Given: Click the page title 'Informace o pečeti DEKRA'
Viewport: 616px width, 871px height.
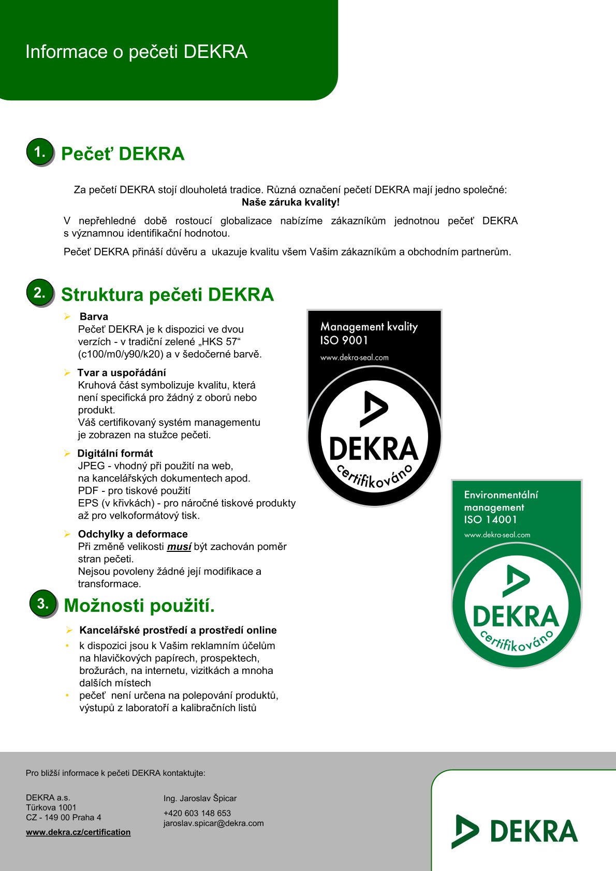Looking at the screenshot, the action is pos(136,52).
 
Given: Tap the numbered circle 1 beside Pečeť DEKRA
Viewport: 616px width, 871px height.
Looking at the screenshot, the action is pos(40,152).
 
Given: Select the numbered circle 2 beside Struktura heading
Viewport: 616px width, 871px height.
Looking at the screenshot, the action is pos(40,293).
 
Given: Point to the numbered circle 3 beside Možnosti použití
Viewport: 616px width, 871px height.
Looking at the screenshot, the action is pos(43,603).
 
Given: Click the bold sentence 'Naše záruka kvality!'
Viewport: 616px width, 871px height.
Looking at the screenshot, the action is pos(290,202).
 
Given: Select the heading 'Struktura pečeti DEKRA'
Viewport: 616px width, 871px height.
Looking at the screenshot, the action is pos(167,295).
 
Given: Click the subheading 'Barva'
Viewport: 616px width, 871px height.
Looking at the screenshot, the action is pos(94,317).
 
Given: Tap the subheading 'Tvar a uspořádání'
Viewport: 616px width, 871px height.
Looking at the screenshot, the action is pos(122,372).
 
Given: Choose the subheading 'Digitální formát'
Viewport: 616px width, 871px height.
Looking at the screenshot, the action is pos(115,453).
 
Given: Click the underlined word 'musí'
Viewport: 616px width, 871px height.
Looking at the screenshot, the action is pos(179,547).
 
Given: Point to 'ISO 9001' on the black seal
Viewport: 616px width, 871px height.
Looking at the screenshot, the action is pos(344,340).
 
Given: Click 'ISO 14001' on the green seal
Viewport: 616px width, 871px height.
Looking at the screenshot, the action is pos(490,520).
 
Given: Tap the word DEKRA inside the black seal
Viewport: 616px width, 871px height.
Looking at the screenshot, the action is pos(373,448).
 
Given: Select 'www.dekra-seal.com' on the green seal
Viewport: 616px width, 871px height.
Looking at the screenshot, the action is pos(497,535).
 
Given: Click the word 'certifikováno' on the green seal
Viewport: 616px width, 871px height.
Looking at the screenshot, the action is pos(517,641).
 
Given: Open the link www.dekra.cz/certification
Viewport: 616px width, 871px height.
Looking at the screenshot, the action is pos(78,832).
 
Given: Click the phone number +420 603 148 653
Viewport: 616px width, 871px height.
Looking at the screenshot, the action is pos(197,813).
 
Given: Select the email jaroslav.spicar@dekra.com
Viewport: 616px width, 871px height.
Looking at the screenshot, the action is pos(213,823).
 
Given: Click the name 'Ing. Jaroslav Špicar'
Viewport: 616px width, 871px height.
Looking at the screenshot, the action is pos(200,798).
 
